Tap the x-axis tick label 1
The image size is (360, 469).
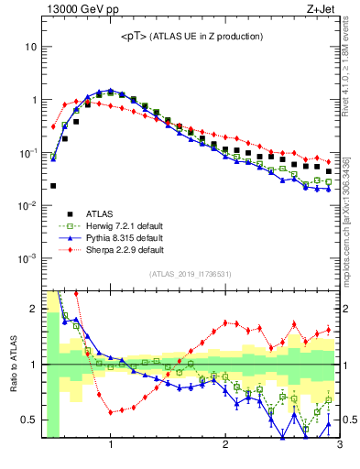111,445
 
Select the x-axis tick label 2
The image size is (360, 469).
225,445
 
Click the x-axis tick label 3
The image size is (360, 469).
339,445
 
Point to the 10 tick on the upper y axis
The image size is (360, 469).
31,46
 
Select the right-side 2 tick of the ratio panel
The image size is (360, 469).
347,309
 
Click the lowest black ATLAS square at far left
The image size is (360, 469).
53,186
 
